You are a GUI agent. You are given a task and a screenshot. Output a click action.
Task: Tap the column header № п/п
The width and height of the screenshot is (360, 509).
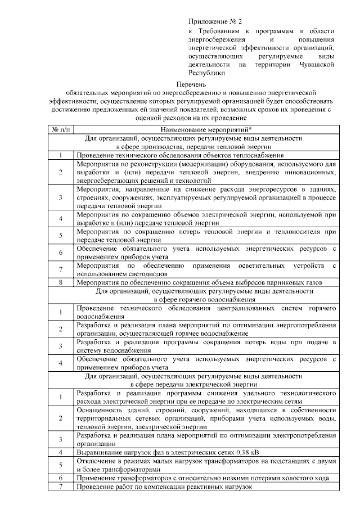60,129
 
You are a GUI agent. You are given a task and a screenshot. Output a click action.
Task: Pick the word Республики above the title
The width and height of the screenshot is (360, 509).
206,73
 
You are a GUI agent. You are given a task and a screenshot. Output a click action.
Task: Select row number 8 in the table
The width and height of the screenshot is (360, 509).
60,282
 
